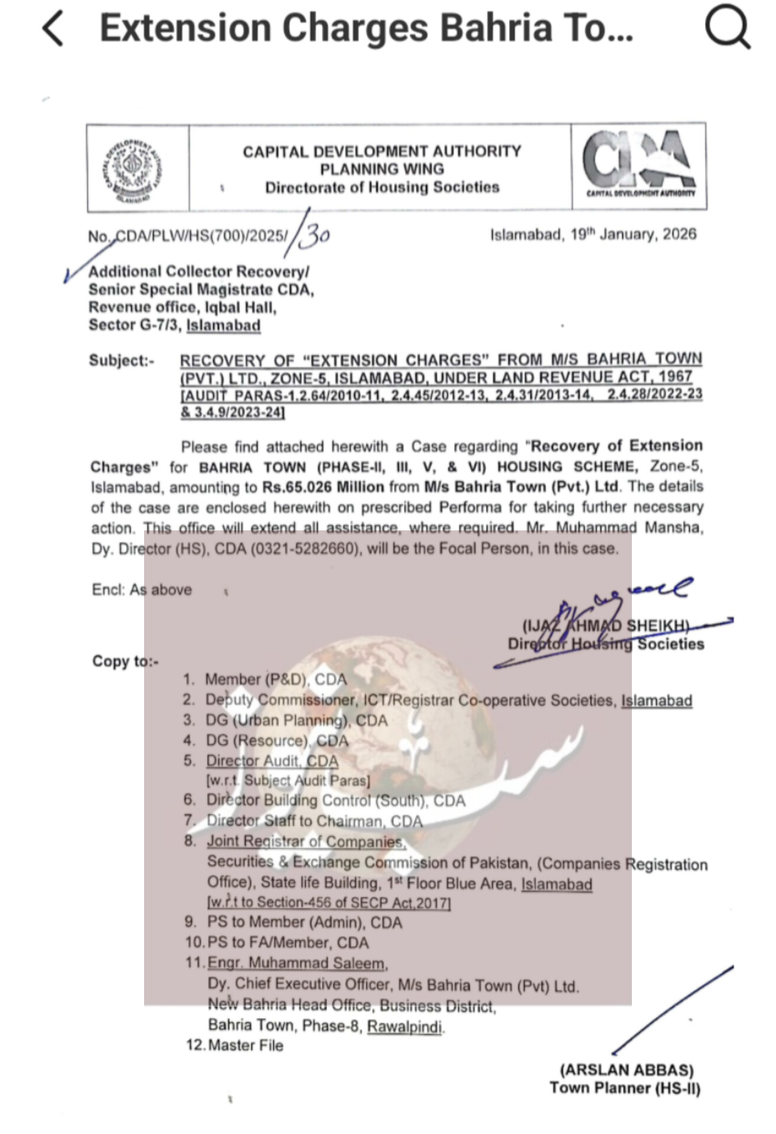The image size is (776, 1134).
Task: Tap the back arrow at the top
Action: tap(53, 28)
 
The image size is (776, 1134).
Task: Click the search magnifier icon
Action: tap(727, 27)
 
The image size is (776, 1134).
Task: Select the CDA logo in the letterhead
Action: tap(640, 164)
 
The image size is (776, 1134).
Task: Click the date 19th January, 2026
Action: tap(593, 234)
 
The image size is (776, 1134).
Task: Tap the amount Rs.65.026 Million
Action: tap(323, 487)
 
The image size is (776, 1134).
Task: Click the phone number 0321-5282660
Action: tap(305, 549)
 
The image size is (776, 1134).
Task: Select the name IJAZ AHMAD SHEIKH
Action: tap(605, 625)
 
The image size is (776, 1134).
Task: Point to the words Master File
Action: tap(246, 1045)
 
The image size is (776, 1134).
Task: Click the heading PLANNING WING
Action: tap(382, 170)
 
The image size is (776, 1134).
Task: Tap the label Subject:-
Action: tap(121, 360)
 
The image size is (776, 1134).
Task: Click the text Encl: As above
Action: tap(142, 589)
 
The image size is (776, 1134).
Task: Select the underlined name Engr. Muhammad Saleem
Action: tap(296, 963)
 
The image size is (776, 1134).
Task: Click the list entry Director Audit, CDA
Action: tap(272, 761)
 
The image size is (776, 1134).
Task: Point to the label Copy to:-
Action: tap(125, 661)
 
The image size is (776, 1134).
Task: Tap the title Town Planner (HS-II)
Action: tap(625, 1088)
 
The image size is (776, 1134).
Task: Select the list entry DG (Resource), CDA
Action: tap(277, 741)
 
